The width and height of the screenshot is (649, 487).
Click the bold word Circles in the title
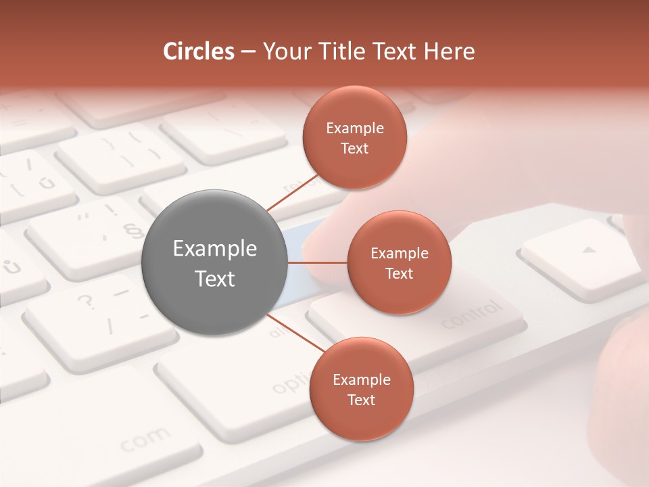coord(198,51)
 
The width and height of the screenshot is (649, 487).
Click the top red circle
coord(355,137)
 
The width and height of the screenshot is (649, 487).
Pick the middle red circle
coord(399,262)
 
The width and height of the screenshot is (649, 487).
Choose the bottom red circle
coord(361,389)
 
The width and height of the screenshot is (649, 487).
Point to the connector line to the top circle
coord(293,191)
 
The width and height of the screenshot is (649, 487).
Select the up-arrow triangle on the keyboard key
coord(590,250)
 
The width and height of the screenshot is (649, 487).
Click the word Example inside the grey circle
coord(215,249)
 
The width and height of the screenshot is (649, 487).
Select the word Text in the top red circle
coord(355,148)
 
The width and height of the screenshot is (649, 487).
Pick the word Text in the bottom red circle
coord(361,400)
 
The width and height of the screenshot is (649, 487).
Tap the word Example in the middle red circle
coord(399,254)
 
